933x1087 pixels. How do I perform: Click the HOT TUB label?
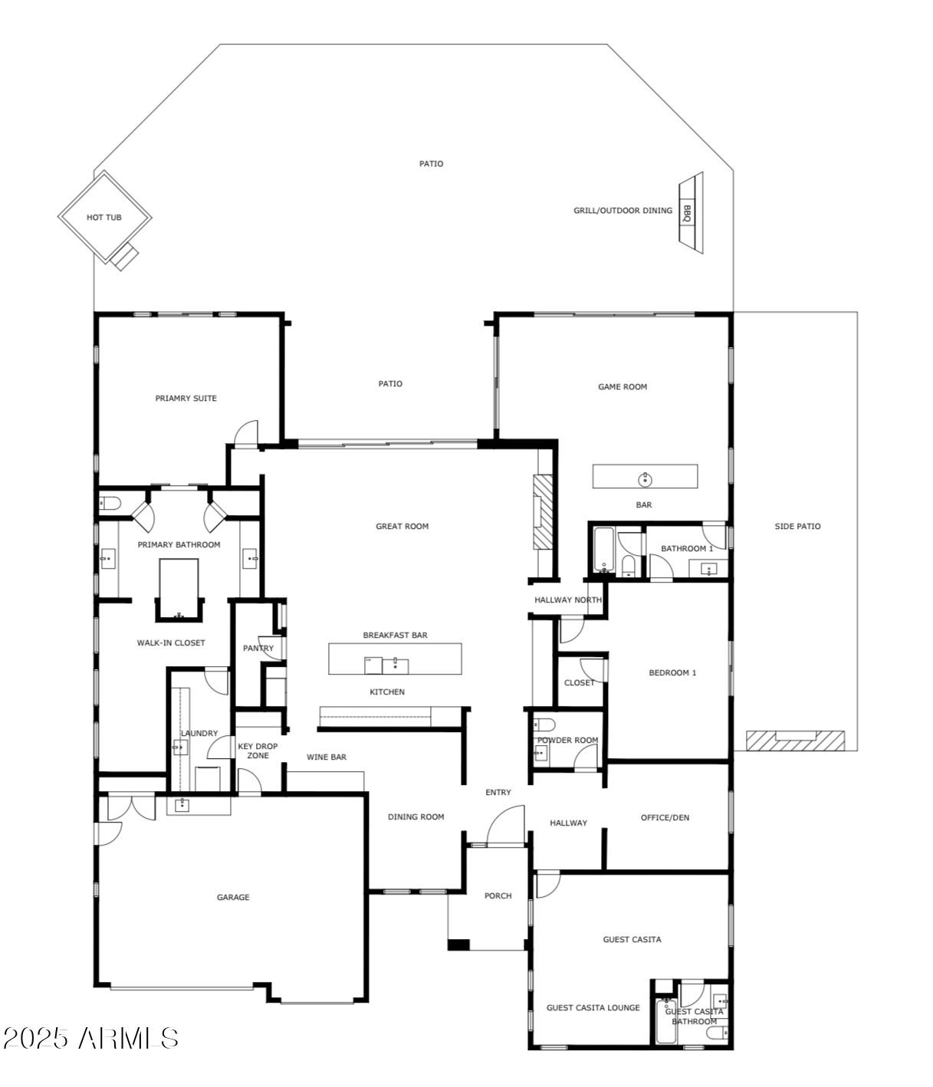click(x=103, y=217)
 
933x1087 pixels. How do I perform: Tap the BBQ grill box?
click(x=686, y=213)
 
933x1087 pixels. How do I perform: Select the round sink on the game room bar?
click(x=644, y=479)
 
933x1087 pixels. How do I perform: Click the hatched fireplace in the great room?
click(x=543, y=511)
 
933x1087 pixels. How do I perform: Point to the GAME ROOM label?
click(x=623, y=386)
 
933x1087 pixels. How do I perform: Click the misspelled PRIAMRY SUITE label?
click(x=186, y=398)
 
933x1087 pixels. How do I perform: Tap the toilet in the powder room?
click(x=544, y=725)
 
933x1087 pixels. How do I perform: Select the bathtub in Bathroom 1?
click(x=603, y=550)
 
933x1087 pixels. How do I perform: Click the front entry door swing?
click(x=505, y=825)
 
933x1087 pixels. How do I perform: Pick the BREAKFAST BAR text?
click(x=395, y=635)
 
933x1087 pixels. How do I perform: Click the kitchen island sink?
click(x=395, y=665)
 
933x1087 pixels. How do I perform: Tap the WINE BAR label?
click(x=326, y=757)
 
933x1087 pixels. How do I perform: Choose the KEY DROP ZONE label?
click(x=258, y=750)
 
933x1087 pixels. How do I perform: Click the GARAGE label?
click(x=233, y=897)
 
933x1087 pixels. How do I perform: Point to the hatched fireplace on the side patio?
click(x=795, y=741)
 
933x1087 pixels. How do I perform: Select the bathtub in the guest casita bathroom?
click(x=666, y=1022)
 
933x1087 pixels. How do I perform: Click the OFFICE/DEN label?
click(x=665, y=817)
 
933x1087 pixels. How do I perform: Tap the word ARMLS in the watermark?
click(x=128, y=1038)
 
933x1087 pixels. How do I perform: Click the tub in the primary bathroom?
click(x=179, y=587)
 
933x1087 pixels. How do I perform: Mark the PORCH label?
click(x=498, y=895)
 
